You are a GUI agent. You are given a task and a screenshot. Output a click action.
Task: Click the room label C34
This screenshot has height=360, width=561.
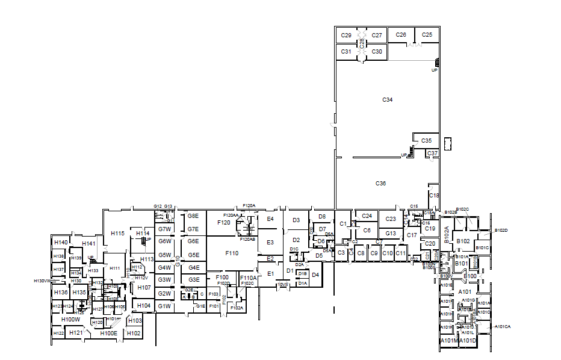(387, 99)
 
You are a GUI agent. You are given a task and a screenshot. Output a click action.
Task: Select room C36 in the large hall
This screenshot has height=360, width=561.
(380, 183)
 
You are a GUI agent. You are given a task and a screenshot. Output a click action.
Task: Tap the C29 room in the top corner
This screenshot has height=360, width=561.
(346, 36)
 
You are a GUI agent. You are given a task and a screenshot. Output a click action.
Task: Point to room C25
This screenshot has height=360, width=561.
(427, 35)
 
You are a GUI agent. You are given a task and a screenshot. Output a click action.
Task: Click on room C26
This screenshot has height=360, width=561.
(401, 35)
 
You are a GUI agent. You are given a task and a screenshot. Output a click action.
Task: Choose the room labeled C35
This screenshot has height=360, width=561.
(426, 140)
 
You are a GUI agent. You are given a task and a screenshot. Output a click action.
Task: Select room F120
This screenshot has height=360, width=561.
(223, 222)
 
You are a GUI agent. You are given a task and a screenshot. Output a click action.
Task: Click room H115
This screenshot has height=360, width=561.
(117, 234)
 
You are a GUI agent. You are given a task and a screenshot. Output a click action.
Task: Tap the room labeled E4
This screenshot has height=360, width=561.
(270, 219)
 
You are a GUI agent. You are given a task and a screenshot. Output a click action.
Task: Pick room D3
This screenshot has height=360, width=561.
(296, 220)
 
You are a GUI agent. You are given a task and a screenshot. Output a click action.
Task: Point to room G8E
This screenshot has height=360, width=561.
(193, 216)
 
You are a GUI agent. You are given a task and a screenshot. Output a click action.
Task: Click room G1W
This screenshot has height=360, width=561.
(164, 306)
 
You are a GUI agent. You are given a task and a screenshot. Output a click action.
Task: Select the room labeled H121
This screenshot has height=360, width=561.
(76, 333)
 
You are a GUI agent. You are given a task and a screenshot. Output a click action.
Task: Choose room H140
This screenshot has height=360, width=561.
(61, 242)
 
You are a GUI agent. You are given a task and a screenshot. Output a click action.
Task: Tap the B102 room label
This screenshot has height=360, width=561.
(463, 241)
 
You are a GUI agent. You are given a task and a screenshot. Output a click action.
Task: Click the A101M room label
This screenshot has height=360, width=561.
(449, 341)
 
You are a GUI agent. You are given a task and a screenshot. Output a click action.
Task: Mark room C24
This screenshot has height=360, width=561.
(367, 216)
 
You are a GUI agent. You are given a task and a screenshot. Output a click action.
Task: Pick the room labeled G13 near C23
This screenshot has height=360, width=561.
(391, 233)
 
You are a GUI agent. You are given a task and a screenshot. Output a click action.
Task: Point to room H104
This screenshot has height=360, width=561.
(144, 306)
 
